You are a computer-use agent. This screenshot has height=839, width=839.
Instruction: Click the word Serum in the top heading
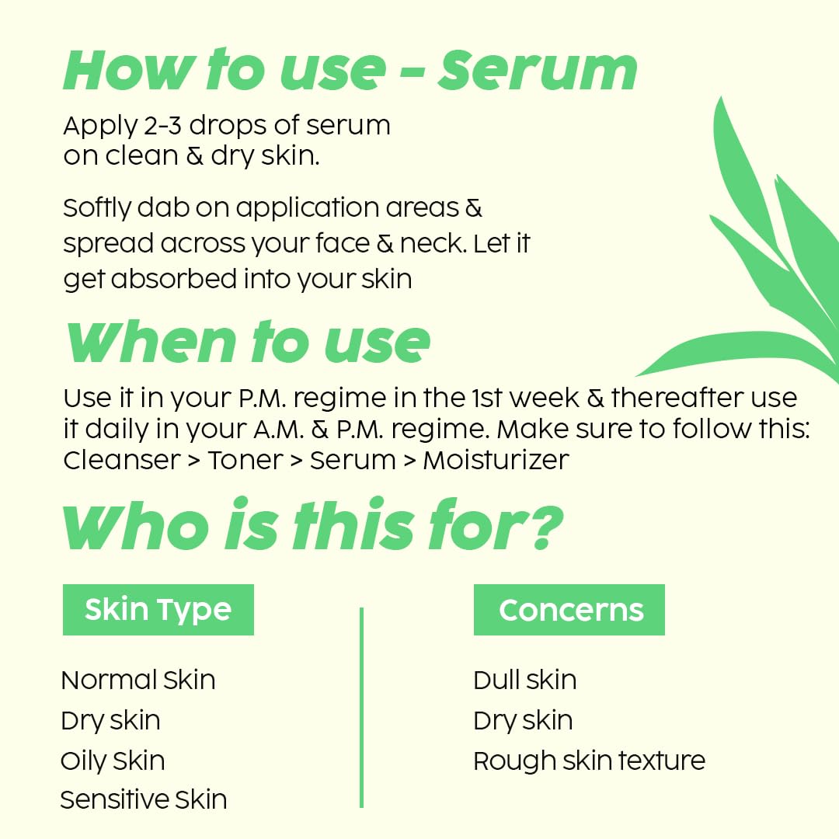[x=538, y=70]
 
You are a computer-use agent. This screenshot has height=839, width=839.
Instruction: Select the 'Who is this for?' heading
[x=313, y=524]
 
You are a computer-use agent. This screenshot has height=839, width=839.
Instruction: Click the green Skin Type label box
[x=158, y=610]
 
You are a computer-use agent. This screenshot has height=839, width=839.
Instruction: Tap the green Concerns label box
[x=569, y=610]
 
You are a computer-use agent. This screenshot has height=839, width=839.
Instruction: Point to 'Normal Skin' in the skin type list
[x=138, y=680]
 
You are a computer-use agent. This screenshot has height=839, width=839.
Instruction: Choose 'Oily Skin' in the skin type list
[x=113, y=761]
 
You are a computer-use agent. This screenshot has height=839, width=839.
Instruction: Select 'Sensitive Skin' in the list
[x=144, y=800]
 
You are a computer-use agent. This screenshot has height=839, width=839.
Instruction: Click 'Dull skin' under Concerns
[x=525, y=680]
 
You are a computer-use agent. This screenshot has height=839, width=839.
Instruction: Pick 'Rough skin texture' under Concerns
[x=589, y=761]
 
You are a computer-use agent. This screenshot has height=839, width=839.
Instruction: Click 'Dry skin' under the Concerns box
[x=524, y=721]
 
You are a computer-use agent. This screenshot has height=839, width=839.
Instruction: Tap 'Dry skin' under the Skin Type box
[x=111, y=721]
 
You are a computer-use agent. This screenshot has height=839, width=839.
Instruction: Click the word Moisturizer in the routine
[x=496, y=460]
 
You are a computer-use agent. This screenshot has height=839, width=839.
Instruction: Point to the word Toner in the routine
[x=245, y=460]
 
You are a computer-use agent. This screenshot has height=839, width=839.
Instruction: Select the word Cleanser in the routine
[x=122, y=460]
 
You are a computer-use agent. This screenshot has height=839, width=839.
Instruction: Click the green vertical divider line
[x=362, y=708]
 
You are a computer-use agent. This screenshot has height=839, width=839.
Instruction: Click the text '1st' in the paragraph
[x=487, y=398]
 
